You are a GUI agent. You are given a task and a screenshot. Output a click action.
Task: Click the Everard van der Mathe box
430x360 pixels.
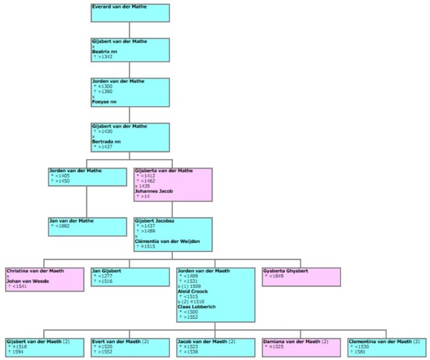[130, 13]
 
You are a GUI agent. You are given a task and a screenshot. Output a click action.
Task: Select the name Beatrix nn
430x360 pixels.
[104, 52]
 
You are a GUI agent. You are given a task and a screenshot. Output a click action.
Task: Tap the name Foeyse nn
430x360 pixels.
[104, 101]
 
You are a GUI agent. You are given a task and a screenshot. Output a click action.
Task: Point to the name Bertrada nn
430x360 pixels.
[106, 142]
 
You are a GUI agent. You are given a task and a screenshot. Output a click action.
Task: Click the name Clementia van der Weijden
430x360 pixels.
[168, 241]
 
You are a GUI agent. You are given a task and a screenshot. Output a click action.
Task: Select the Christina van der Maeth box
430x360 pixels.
[44, 280]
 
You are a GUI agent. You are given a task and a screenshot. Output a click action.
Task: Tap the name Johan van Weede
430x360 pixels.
[28, 281]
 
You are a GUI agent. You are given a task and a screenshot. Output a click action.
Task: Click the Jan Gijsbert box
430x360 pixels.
[130, 277]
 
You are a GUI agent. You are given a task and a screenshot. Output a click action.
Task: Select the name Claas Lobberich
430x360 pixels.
[197, 307]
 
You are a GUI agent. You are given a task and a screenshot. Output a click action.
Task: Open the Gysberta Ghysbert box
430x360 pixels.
[301, 277]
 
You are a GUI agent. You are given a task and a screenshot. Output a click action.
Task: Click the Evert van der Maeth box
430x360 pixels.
[130, 347]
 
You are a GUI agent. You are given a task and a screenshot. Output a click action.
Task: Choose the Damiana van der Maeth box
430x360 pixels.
[301, 347]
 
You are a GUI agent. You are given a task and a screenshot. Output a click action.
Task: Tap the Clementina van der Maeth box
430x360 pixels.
[387, 347]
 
